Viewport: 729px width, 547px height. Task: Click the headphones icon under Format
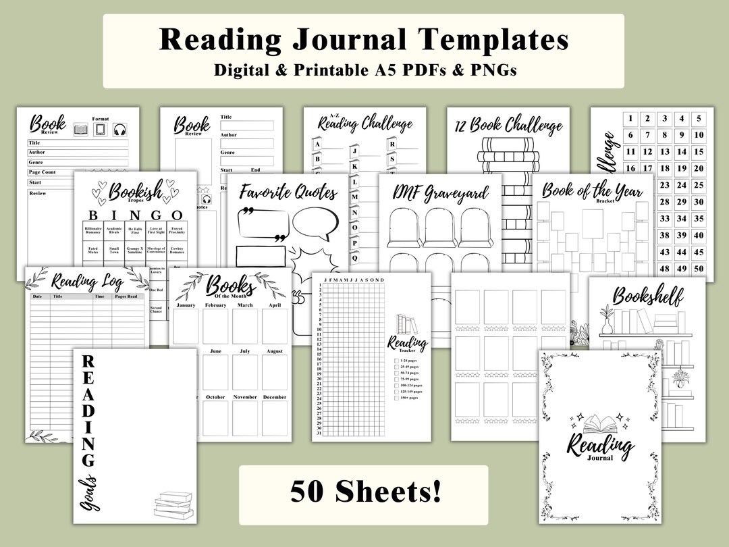click(120, 130)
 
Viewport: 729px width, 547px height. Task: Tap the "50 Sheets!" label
click(363, 491)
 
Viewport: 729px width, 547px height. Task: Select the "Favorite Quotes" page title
click(288, 192)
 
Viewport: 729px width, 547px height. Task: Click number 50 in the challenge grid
click(699, 268)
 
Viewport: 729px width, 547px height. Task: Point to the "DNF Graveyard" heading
click(441, 193)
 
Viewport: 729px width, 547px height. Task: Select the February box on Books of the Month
click(215, 326)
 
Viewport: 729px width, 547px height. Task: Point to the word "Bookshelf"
click(647, 296)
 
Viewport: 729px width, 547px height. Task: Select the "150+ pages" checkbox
click(396, 398)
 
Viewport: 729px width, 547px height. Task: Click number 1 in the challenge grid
click(630, 119)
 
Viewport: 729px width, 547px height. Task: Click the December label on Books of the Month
click(275, 397)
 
